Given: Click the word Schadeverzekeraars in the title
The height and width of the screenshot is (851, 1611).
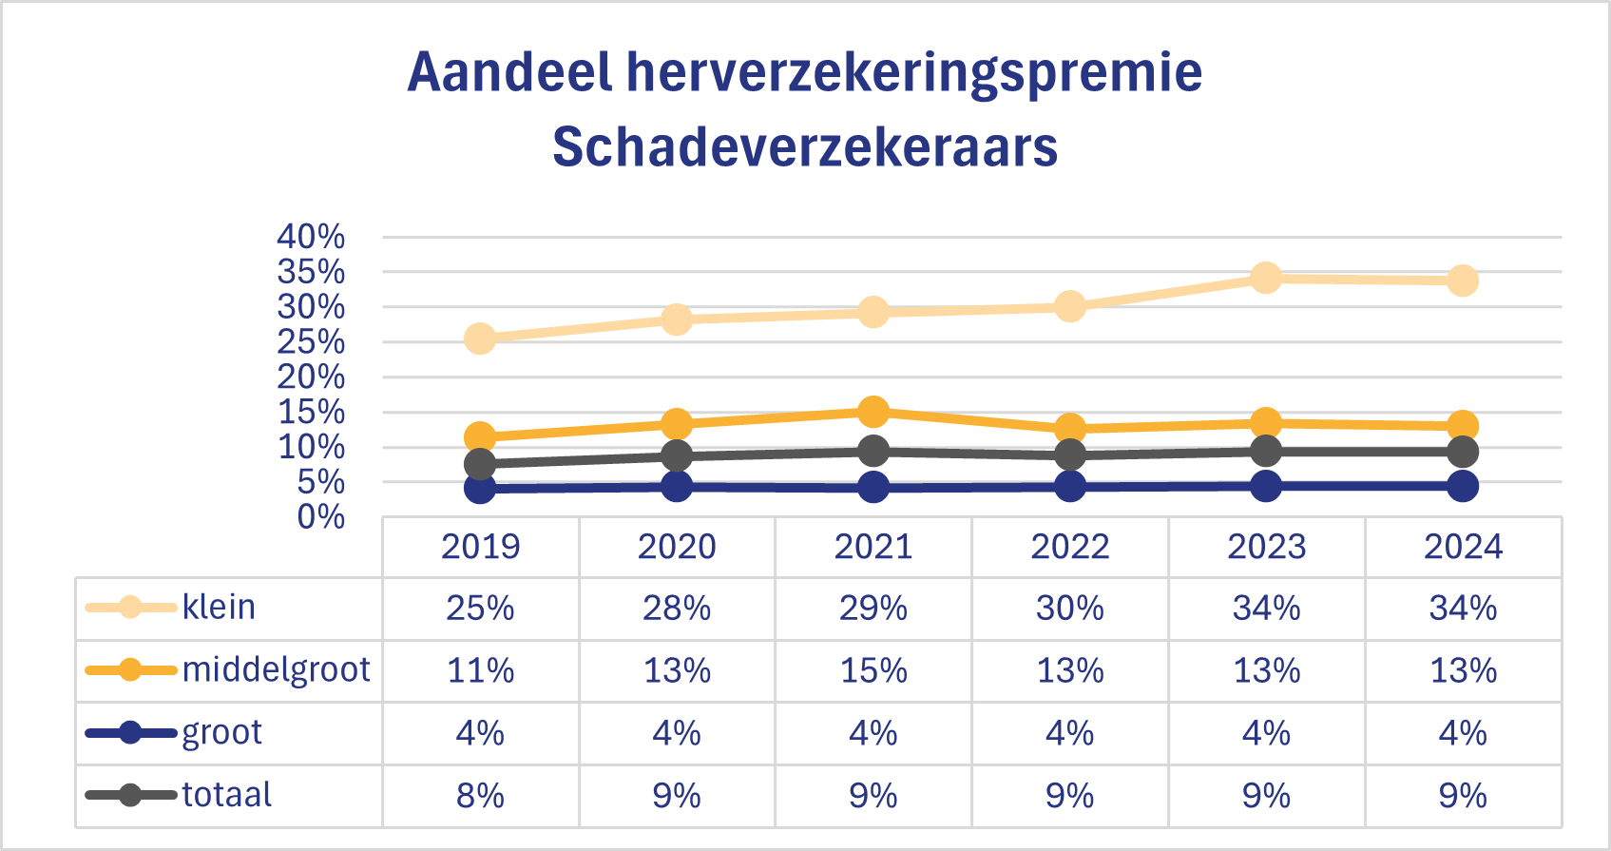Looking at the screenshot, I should coord(805,147).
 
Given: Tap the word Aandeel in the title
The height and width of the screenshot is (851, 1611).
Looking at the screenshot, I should coord(509,72).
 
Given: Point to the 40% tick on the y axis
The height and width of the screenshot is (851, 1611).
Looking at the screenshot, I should coord(311,237).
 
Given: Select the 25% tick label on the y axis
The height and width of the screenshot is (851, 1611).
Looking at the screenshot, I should coord(311,342).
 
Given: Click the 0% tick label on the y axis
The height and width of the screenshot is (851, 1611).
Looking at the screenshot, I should coord(320,517).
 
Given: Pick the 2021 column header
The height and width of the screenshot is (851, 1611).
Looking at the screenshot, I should coord(873,547).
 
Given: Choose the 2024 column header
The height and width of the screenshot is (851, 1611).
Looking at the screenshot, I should coord(1463,547).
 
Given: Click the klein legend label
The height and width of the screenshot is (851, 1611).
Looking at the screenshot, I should coord(219,607).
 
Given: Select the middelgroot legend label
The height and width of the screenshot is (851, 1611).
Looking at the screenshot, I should coord(276,669).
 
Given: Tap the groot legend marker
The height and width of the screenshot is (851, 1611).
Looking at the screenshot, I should coord(130,733).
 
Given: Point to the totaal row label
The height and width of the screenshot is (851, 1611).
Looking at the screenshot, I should coord(226,795).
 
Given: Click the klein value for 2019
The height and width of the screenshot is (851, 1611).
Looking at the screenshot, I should coord(480,608).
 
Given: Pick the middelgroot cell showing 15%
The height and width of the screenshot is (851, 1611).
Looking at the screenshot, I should coord(873,670).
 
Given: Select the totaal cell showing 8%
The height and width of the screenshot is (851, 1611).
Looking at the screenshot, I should coord(480,795).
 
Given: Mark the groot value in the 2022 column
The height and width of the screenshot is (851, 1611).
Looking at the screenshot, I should coord(1069,733).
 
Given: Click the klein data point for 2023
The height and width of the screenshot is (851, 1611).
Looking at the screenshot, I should coord(1266,278).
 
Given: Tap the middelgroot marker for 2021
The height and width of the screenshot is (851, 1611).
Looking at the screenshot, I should coord(873,412).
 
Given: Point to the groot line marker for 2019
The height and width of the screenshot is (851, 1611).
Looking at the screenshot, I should coord(480,488).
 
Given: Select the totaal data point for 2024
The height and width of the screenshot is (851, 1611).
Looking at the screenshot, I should coord(1463,452).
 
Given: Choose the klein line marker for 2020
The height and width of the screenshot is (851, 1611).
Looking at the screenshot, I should coord(676,319).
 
